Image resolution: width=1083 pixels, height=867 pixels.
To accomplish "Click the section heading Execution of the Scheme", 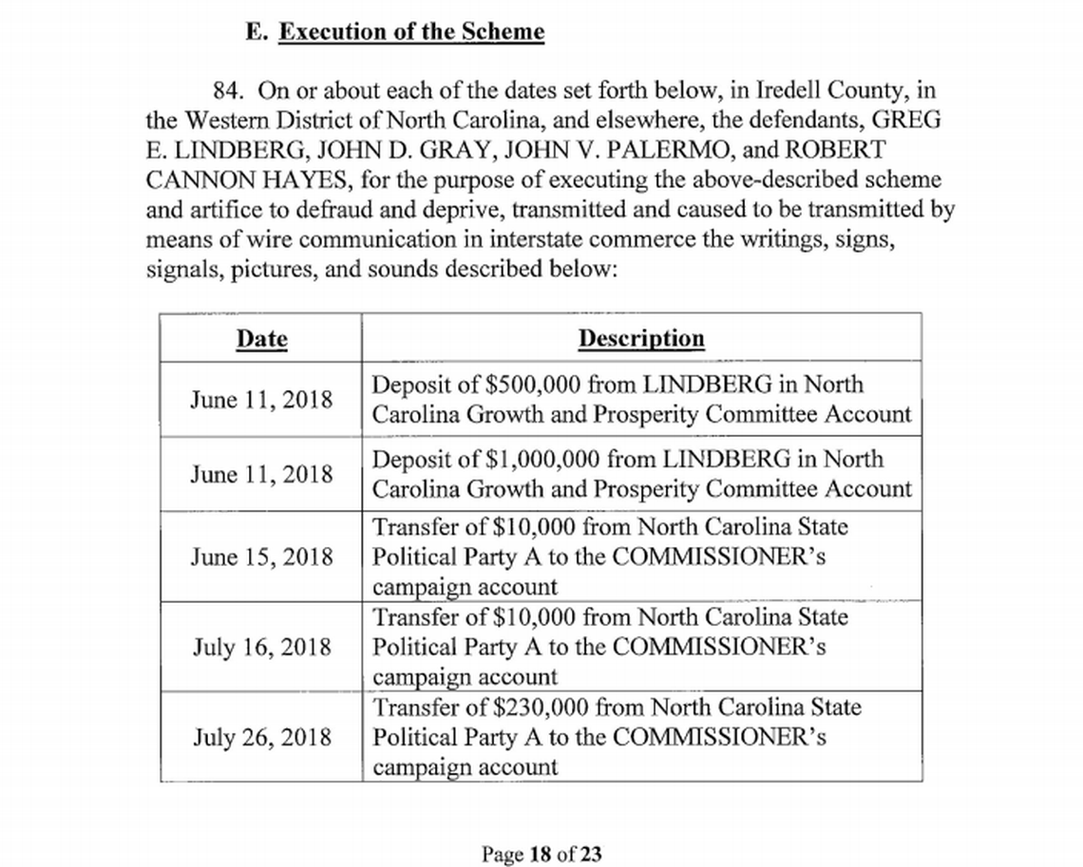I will [x=410, y=31].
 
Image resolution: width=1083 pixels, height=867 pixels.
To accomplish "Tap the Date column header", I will [x=261, y=339].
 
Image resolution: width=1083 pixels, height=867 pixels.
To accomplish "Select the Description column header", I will [x=641, y=339].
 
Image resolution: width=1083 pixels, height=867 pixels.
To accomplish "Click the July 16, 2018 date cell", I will [x=261, y=647].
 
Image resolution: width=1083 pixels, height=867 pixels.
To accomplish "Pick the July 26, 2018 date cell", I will [x=261, y=737].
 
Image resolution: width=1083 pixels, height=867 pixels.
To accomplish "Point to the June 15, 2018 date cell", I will [x=261, y=556].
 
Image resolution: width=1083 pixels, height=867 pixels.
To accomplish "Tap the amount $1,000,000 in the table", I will [x=541, y=460].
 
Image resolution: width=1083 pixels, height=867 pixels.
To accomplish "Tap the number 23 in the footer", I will [x=591, y=854].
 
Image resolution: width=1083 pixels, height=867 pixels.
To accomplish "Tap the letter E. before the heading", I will [x=254, y=31].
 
